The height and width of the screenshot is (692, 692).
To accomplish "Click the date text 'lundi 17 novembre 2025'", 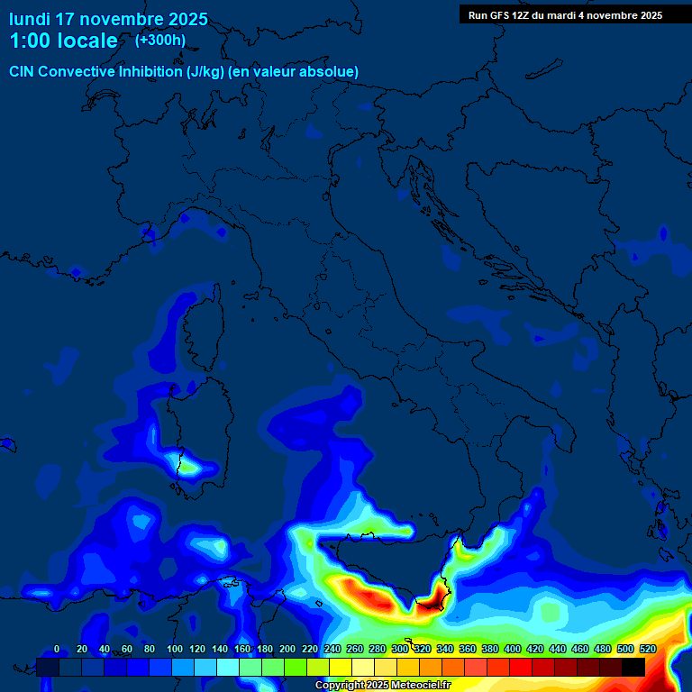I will (x=108, y=19).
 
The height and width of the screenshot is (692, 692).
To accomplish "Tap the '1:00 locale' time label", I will (x=63, y=41).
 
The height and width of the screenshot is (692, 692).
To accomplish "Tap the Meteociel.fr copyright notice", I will (x=382, y=686).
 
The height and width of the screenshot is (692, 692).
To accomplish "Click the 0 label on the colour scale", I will (x=57, y=649).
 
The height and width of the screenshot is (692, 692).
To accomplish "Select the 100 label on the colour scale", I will (x=174, y=649).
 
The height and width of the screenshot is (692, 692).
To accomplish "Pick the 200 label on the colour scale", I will (x=287, y=649).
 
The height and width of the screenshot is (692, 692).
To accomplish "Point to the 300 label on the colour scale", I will (x=399, y=649).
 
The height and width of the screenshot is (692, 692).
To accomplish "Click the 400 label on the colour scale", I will (x=512, y=649).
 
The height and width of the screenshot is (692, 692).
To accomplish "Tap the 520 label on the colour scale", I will (x=647, y=649).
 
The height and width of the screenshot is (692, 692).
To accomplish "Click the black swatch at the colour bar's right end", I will (x=633, y=667).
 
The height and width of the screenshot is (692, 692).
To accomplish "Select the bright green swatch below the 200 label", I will (x=296, y=667).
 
